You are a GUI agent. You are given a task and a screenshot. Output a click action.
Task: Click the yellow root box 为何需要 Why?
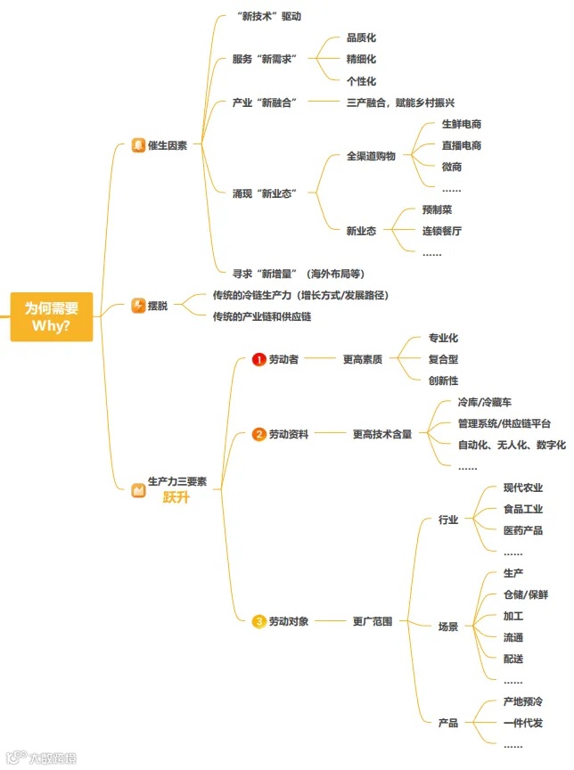click(52, 316)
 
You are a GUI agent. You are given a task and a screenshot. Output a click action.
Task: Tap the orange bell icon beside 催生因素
click(138, 145)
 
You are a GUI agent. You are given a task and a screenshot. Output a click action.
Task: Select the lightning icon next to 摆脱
click(138, 306)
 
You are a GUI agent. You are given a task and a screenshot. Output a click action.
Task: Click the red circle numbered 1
click(259, 359)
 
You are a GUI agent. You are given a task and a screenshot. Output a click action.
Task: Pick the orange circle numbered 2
click(259, 434)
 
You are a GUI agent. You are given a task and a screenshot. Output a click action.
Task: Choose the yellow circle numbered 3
click(259, 621)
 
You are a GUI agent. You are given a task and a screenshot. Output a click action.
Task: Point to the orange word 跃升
click(176, 497)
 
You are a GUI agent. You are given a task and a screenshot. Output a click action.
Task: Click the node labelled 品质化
click(361, 38)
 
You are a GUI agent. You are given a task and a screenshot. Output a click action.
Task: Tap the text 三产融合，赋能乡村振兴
click(401, 102)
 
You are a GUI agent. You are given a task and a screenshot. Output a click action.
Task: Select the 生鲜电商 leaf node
click(462, 124)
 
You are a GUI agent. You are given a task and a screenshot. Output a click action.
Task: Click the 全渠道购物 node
click(371, 156)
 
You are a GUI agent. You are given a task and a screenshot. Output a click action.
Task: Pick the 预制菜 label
click(437, 209)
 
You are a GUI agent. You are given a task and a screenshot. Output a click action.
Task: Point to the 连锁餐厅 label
click(442, 231)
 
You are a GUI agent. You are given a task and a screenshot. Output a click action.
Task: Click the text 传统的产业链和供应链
click(262, 316)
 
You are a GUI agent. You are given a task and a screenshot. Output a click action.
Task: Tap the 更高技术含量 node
click(382, 434)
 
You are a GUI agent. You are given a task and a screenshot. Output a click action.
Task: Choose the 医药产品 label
click(523, 530)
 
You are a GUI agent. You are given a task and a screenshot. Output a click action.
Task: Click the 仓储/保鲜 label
click(526, 594)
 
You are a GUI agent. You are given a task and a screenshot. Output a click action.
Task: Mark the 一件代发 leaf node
click(523, 723)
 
